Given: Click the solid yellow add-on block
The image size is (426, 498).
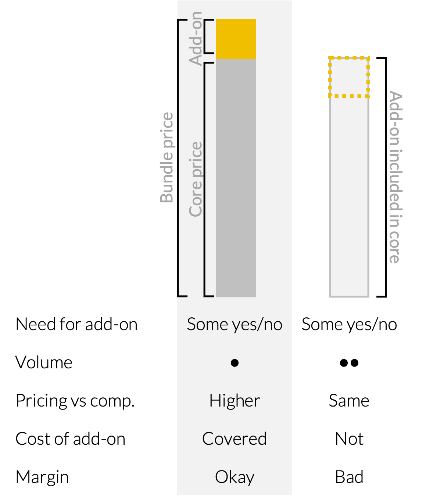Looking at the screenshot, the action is tap(236, 39).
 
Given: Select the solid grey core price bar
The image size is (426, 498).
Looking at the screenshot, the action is tap(236, 178).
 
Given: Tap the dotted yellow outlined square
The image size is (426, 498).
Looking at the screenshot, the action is tap(349, 77).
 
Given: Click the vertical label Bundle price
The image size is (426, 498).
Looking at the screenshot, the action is tap(167, 158).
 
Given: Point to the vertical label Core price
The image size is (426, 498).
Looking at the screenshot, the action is tap(196, 179).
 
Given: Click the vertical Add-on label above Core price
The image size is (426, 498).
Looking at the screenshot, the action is tap(196, 38).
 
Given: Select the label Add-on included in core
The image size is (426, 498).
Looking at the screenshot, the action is tap(395, 177).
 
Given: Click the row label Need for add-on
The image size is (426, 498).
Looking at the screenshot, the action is tap(76, 324).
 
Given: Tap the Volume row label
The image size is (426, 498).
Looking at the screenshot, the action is tap(44, 362).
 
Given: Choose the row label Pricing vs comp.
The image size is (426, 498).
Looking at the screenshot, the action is tap(75, 401).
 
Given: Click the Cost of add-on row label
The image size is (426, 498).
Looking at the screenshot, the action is tap(70, 439).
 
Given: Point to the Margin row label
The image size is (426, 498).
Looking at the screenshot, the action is tap(42, 477).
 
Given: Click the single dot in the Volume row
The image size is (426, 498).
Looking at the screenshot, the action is tap(235, 363).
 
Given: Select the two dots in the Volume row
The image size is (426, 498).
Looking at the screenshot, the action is tap(349, 363).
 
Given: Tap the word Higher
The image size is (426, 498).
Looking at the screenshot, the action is tap(235, 401).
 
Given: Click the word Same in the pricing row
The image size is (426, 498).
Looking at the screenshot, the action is tap(349, 401).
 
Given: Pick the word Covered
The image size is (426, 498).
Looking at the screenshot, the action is tap(235, 439).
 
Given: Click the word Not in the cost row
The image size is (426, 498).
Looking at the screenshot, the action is tap(349, 439).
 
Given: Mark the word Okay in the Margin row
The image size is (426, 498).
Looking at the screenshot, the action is tap(235, 477).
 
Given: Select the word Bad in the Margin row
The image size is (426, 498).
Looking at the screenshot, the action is tap(349, 477).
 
